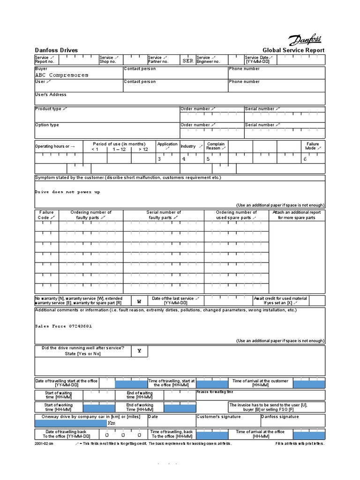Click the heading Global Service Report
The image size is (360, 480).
[293, 51]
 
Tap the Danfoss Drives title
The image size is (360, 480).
[56, 51]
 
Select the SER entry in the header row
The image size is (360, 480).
[187, 61]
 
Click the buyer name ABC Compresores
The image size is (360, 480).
[61, 75]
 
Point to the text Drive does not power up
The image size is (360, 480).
[67, 192]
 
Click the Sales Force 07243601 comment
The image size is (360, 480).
[64, 326]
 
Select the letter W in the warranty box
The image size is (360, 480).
[139, 301]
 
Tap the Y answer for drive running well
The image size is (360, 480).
[139, 351]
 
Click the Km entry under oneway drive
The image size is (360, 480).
[112, 423]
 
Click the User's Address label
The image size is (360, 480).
[51, 95]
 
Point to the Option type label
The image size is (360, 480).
[47, 125]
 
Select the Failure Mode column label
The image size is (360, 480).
[313, 146]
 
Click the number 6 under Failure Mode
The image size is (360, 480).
[305, 159]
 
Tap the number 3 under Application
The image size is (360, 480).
[159, 159]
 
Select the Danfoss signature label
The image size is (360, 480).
[279, 417]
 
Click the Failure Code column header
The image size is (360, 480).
[46, 215]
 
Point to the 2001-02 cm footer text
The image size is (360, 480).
[44, 443]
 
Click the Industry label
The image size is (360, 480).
[188, 146]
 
